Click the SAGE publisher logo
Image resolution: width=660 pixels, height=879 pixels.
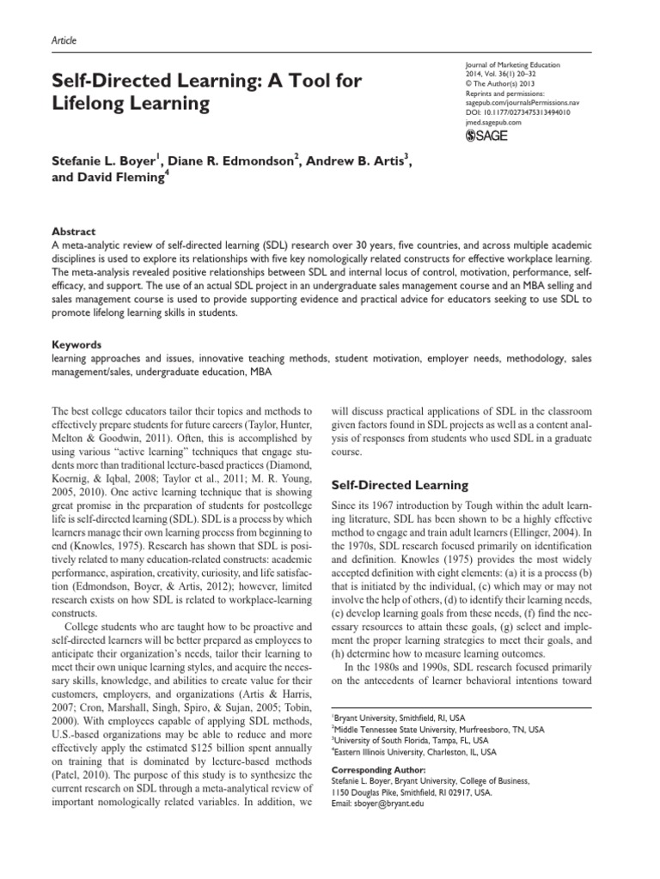[x=487, y=135]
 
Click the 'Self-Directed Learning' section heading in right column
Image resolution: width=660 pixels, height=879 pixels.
[x=399, y=485]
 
